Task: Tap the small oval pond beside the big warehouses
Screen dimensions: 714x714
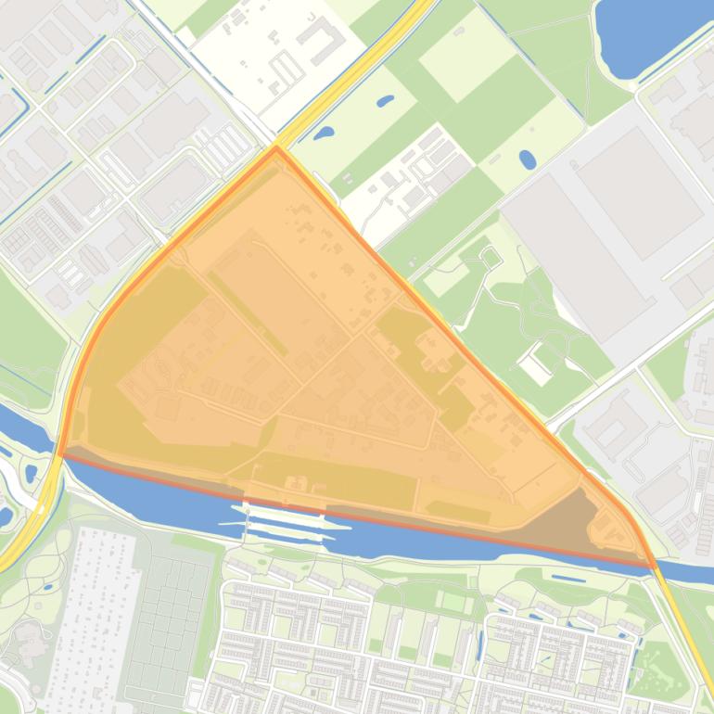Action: coord(527,159)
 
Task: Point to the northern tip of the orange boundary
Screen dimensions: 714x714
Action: coord(275,147)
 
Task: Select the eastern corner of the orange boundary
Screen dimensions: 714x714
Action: coord(652,564)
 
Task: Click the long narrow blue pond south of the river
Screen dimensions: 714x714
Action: coord(562,580)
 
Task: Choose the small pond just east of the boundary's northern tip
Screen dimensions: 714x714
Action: coord(324,134)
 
